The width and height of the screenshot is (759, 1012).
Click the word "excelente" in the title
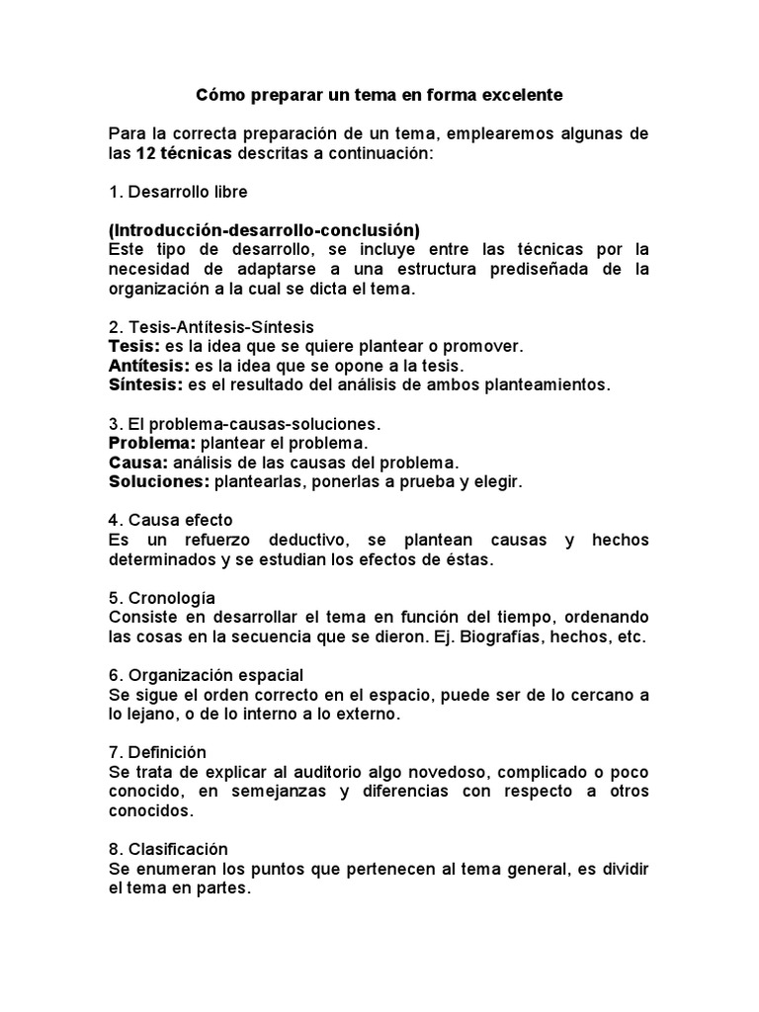pos(514,96)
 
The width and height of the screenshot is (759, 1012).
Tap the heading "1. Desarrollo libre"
pos(178,192)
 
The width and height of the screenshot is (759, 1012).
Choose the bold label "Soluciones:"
pos(157,481)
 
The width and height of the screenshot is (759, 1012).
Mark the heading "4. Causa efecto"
pos(170,520)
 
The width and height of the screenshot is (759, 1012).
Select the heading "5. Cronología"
pos(161,598)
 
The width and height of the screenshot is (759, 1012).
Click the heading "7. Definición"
pos(157,752)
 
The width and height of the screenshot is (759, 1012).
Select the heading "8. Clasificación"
pos(168,849)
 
